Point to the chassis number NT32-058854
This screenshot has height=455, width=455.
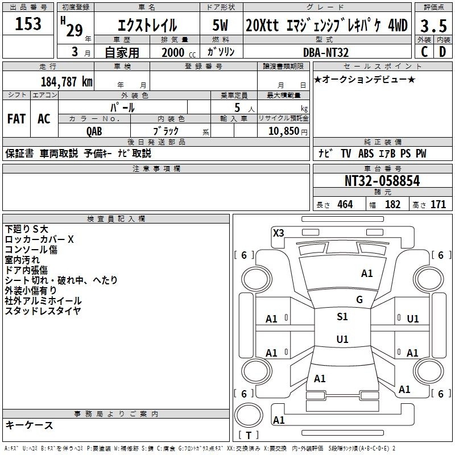382,181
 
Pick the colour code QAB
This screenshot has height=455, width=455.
94,131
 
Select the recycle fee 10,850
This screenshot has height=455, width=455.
283,131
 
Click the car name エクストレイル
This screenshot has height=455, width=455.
147,26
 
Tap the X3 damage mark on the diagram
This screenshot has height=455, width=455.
279,233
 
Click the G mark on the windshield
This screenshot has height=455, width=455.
359,300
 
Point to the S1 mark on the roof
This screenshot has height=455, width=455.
342,317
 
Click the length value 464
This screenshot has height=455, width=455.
344,205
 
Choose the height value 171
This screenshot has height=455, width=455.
438,205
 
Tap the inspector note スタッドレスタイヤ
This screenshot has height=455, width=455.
43,311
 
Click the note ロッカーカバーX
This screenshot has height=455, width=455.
39,239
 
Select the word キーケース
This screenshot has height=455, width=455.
29,425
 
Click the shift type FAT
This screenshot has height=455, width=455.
16,119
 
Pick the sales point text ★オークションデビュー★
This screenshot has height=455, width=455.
364,79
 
